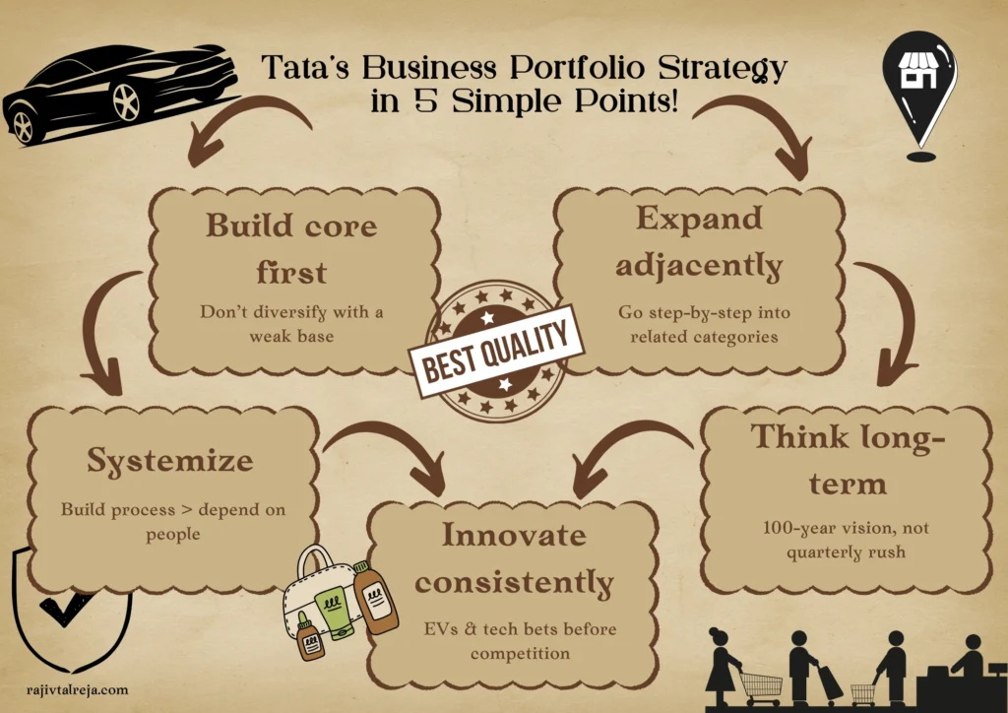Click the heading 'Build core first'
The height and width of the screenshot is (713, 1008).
click(x=290, y=245)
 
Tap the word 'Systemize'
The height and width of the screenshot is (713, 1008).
click(x=169, y=460)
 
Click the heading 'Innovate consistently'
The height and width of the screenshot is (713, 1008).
click(x=513, y=558)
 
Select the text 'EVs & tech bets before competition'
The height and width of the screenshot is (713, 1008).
click(x=514, y=641)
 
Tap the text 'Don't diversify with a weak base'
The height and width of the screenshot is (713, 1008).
click(x=291, y=324)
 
